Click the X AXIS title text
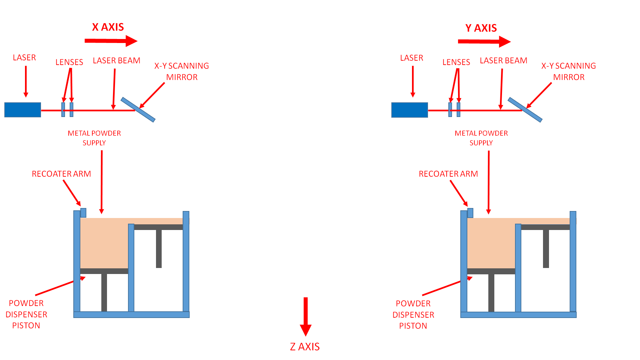[108, 27]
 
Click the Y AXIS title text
[481, 28]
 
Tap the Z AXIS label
[305, 347]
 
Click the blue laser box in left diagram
[23, 110]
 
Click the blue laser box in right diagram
[409, 110]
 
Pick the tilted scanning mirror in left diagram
[138, 110]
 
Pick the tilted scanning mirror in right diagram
[525, 110]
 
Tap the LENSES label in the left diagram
[69, 62]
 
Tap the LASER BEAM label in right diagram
[503, 61]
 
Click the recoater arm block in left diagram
[83, 213]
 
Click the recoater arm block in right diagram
[470, 213]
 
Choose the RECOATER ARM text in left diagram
[61, 174]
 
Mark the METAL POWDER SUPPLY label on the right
[481, 138]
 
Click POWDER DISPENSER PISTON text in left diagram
[26, 314]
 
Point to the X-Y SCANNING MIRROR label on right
[569, 71]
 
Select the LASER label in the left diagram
[24, 58]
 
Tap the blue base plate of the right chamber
[518, 315]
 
